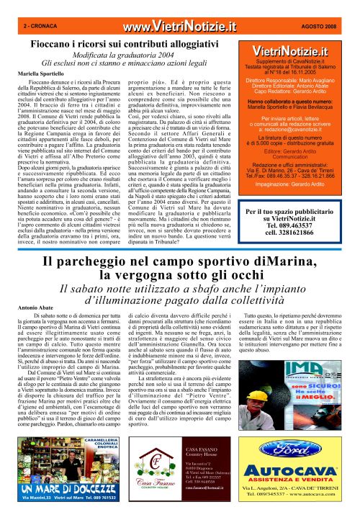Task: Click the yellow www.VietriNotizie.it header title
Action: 179,27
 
